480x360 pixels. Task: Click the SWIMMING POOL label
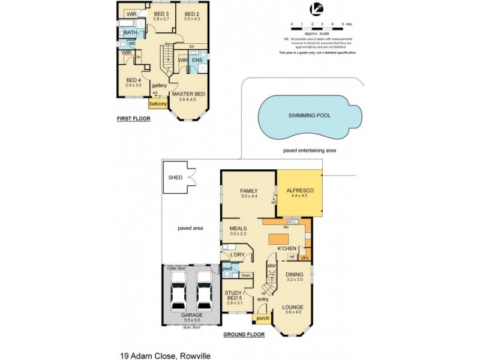[x=310, y=115]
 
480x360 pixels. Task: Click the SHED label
[x=175, y=178]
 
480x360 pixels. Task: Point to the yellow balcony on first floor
[x=158, y=104]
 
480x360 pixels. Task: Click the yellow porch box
[x=262, y=319]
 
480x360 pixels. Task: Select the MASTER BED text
[x=189, y=94]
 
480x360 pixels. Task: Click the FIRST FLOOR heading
[x=133, y=119]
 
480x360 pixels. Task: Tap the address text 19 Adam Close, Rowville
[x=165, y=355]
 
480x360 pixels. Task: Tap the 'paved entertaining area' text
[x=310, y=151]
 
